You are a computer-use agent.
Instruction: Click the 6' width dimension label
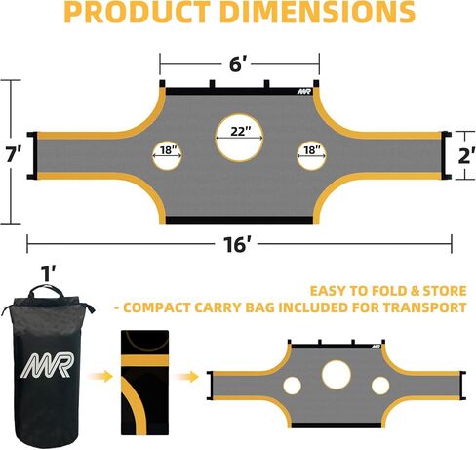(240, 63)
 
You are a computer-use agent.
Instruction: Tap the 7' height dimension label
(14, 153)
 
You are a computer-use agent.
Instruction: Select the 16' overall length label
(237, 244)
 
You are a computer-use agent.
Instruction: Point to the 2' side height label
(466, 155)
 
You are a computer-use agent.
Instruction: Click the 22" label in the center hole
(241, 131)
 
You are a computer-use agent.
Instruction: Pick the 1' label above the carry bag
(49, 273)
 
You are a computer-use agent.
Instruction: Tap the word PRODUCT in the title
(137, 12)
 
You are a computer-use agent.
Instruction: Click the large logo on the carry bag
(48, 365)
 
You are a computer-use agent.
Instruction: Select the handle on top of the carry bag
(45, 289)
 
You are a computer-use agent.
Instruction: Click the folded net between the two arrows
(144, 383)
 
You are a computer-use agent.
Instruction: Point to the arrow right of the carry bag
(100, 377)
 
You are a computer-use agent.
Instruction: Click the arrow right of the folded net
(185, 377)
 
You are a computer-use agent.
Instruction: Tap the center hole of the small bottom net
(337, 374)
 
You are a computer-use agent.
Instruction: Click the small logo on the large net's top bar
(304, 92)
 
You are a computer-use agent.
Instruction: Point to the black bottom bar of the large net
(240, 220)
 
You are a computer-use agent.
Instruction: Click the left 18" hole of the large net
(167, 155)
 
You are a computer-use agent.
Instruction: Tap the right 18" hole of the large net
(311, 155)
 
